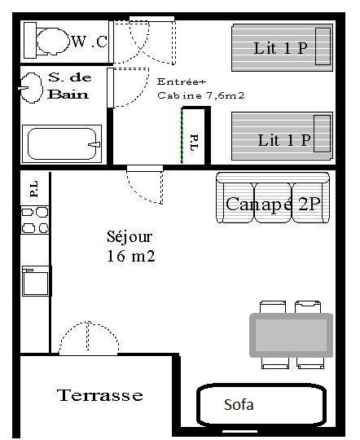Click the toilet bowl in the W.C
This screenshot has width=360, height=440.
point(53,41)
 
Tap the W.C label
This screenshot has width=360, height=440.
point(90,42)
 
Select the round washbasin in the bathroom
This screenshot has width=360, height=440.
point(32,88)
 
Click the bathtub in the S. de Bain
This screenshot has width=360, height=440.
point(62,143)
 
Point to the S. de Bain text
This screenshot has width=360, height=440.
point(69,86)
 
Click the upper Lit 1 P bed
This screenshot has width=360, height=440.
point(282,47)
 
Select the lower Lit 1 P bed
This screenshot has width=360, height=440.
point(282,136)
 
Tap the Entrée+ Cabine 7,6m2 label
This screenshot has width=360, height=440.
point(200,89)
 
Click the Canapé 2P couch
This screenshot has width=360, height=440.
point(273,198)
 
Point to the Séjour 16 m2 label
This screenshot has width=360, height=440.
point(130,246)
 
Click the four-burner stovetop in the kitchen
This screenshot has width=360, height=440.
point(35,220)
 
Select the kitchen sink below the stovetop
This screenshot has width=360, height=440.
point(36,281)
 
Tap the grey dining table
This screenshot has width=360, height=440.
point(292,336)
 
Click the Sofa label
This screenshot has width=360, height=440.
point(239,404)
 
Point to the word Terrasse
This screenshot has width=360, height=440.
point(100,395)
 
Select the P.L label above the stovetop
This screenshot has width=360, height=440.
point(33,188)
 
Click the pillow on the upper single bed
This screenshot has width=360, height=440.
point(323,46)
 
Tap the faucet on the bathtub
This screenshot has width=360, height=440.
point(94,144)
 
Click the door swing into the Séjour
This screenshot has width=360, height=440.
point(144,185)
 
